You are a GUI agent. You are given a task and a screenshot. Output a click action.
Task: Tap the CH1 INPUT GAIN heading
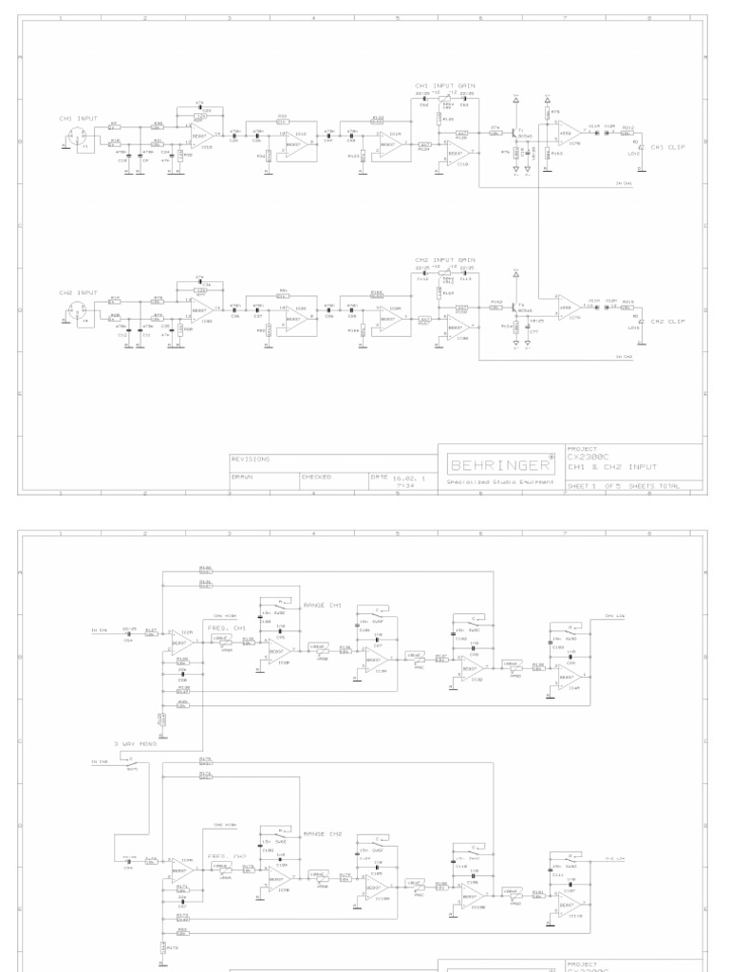pos(444,85)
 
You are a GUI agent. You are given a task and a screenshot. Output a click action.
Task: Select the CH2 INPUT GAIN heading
pos(444,259)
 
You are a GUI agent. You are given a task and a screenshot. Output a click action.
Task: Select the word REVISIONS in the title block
pos(252,458)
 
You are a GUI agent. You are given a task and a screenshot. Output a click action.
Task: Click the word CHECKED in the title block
pos(316,477)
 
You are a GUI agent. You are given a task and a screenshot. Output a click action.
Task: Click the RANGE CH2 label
pos(321,832)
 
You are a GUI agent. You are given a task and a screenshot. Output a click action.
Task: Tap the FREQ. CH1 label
pos(227,627)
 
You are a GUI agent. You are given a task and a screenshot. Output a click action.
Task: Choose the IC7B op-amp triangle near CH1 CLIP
pos(569,133)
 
